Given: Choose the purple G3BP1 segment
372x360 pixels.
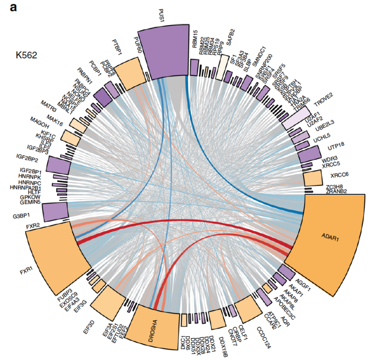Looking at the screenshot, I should tap(54, 212).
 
